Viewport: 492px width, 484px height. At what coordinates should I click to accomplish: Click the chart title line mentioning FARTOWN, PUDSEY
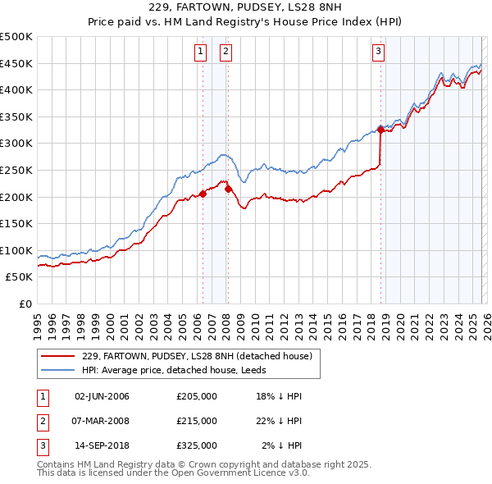click(x=246, y=7)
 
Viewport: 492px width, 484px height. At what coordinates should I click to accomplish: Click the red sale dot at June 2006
click(x=203, y=194)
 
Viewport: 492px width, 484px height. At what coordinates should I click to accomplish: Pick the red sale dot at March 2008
click(x=228, y=189)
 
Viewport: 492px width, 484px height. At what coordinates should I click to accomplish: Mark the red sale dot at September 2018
click(x=380, y=130)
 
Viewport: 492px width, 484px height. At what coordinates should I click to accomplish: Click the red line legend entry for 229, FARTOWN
click(x=197, y=356)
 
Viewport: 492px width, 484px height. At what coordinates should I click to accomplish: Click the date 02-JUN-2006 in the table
click(x=102, y=396)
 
